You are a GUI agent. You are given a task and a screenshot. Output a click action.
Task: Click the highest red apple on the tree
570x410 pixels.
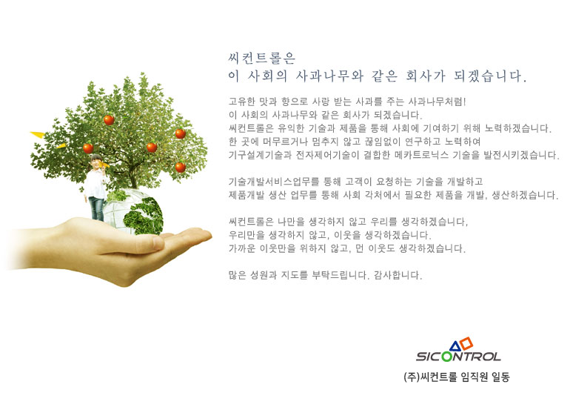coord(109,119)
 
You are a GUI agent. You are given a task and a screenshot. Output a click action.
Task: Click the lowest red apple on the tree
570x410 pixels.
coord(181,167)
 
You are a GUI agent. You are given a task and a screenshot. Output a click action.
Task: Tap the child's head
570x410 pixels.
coord(96,161)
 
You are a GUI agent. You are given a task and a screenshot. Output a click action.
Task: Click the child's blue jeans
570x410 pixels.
coord(96,208)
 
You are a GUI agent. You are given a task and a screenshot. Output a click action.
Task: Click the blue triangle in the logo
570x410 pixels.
coord(455,346)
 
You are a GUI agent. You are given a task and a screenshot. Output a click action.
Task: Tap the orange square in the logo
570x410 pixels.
coord(467,343)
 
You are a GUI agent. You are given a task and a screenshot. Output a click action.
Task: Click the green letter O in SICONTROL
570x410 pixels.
coord(447,356)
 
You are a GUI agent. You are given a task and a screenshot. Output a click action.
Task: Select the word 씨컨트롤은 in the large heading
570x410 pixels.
coord(262,59)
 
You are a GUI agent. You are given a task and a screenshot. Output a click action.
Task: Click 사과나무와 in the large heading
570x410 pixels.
coord(329,76)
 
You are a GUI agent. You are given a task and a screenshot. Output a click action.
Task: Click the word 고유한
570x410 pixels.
coord(242,102)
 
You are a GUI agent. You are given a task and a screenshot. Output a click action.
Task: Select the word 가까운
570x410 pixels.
coord(242,248)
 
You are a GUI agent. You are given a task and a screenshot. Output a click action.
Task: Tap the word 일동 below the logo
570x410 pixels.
coord(500,377)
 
